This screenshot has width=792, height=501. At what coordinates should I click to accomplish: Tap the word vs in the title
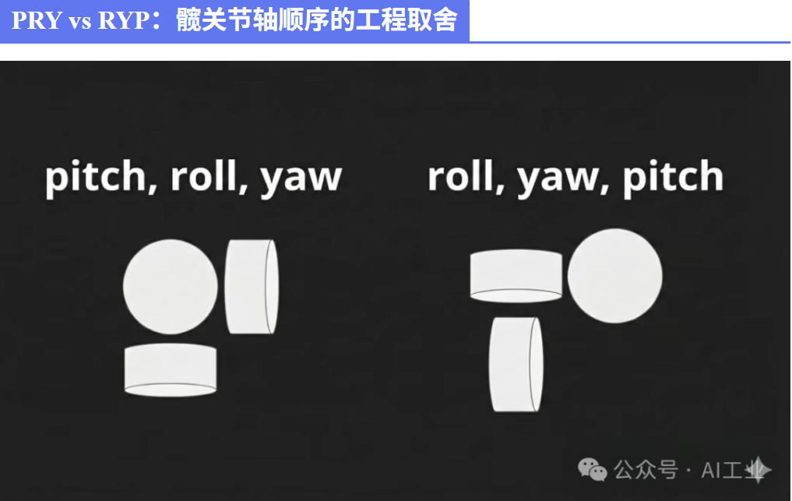79,22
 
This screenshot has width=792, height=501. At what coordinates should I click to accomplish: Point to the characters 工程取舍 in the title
406,20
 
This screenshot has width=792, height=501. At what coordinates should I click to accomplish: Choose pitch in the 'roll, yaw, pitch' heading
673,178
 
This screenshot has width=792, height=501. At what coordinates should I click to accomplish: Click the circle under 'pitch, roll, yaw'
171,287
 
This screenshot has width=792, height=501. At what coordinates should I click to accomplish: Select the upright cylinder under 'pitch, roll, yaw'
252,287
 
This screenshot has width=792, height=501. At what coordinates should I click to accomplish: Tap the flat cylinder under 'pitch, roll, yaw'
171,370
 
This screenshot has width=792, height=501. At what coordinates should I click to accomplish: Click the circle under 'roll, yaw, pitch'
614,276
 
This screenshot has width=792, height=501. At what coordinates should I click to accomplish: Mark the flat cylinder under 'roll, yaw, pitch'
516,276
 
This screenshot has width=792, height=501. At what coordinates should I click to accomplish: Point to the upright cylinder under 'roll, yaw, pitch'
516,365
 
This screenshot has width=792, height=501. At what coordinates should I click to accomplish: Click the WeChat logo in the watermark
592,470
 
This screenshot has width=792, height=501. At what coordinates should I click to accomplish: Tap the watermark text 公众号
646,470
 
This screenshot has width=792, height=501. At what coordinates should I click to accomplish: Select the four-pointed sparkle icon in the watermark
758,470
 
